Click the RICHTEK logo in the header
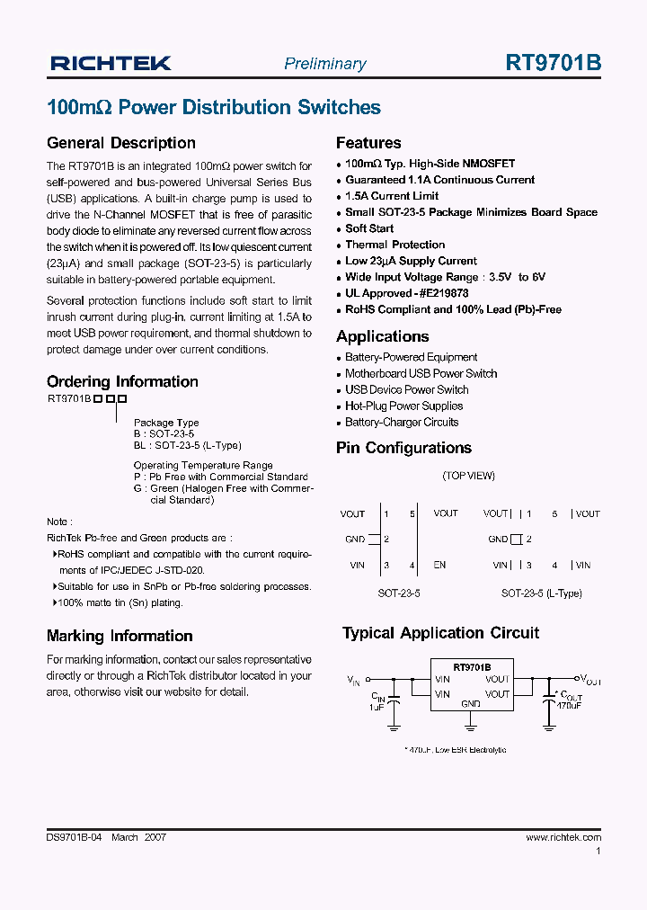pyautogui.click(x=111, y=63)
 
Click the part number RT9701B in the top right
pyautogui.click(x=554, y=63)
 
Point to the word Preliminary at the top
pyautogui.click(x=324, y=64)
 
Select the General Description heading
pyautogui.click(x=120, y=143)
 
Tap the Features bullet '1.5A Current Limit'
pyautogui.click(x=392, y=196)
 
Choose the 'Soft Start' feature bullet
pyautogui.click(x=369, y=228)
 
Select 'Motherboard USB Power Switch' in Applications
pyautogui.click(x=421, y=374)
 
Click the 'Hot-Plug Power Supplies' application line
pyautogui.click(x=403, y=406)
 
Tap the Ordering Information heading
pyautogui.click(x=122, y=381)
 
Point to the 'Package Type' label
pyautogui.click(x=166, y=423)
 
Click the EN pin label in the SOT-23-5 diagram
pyautogui.click(x=439, y=566)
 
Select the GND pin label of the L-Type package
pyautogui.click(x=498, y=540)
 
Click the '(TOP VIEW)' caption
pyautogui.click(x=468, y=476)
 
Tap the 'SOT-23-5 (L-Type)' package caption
pyautogui.click(x=541, y=593)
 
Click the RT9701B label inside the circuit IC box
pyautogui.click(x=472, y=668)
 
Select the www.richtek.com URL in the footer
pyautogui.click(x=563, y=837)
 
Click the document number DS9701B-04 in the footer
pyautogui.click(x=75, y=837)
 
